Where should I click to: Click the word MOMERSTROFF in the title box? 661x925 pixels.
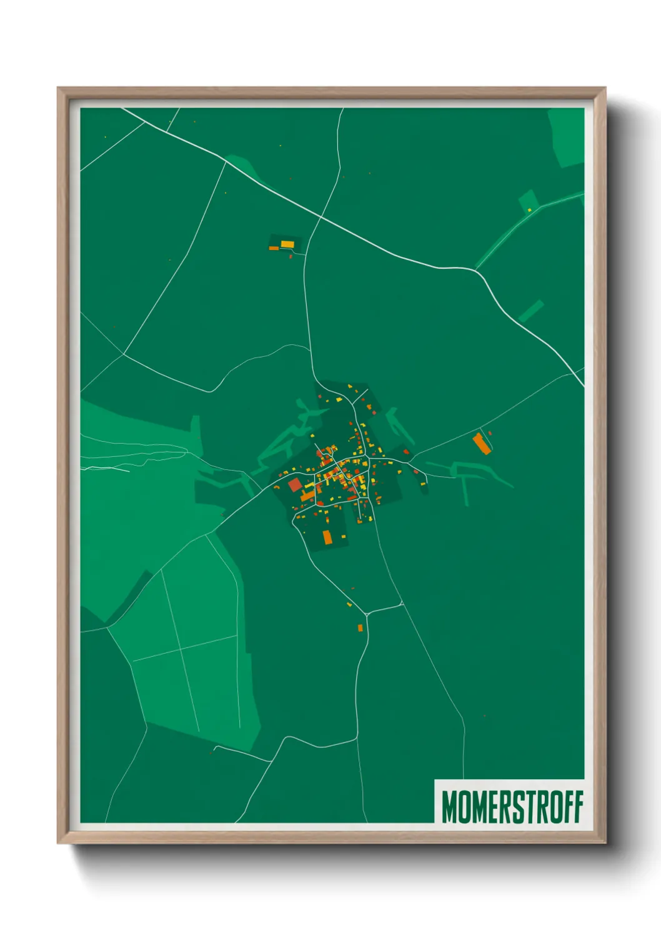click(512, 807)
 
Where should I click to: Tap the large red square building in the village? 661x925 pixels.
click(295, 484)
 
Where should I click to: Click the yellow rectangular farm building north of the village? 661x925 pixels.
click(287, 244)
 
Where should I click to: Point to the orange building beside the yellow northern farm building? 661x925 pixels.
click(274, 248)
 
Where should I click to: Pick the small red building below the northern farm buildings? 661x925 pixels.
click(291, 256)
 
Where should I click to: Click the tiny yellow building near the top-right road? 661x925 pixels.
click(529, 210)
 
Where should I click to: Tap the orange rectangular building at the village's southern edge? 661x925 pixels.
click(327, 536)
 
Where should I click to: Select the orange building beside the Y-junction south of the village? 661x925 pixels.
click(360, 627)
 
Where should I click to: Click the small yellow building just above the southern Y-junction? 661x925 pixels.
click(349, 604)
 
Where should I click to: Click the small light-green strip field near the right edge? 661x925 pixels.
click(531, 311)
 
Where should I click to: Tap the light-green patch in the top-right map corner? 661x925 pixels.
click(567, 137)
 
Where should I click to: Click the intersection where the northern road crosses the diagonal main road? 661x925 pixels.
click(321, 216)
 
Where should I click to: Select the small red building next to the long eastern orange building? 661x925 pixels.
click(490, 432)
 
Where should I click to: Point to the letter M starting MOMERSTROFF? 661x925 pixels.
click(449, 807)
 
